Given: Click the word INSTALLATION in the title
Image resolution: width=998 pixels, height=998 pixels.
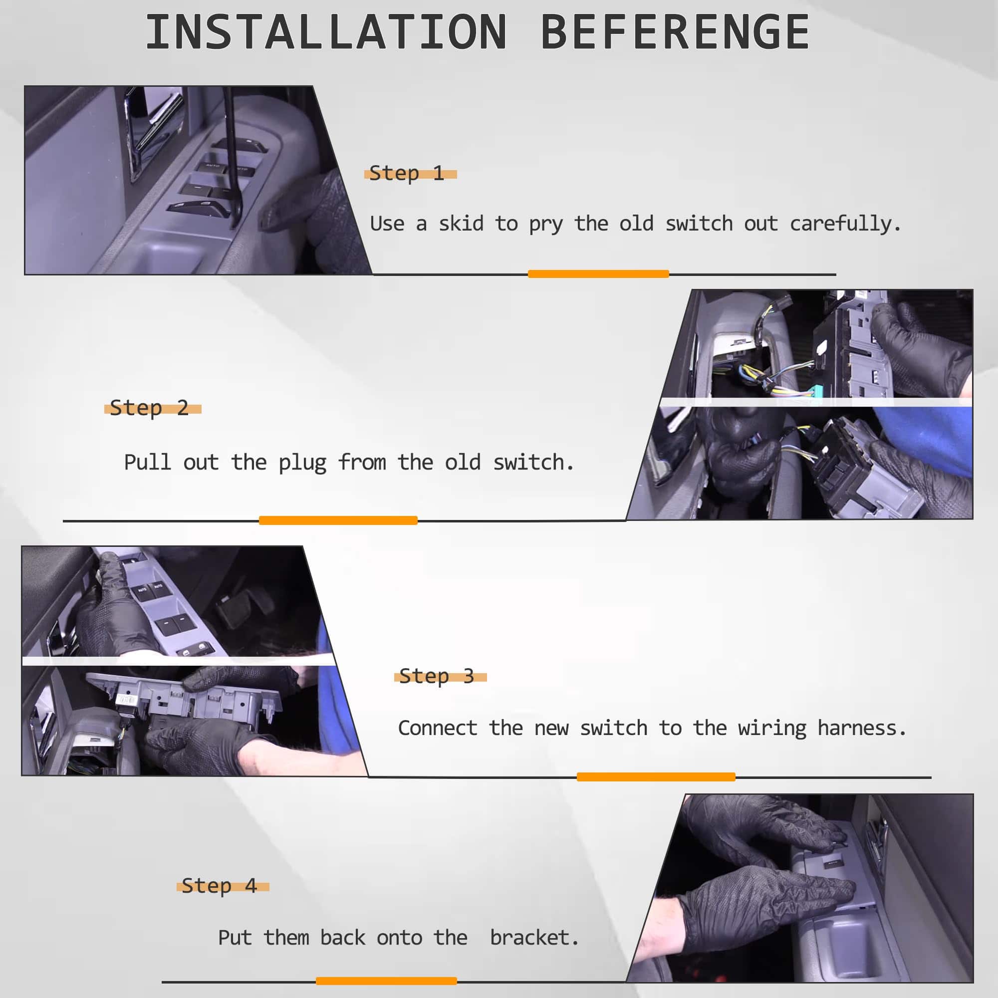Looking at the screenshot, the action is click(326, 32).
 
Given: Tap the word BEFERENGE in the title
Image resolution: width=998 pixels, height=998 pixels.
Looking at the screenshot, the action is click(675, 32).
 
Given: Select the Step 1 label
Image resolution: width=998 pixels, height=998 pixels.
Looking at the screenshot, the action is click(407, 173).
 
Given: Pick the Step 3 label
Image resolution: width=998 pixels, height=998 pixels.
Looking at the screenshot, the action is click(437, 676).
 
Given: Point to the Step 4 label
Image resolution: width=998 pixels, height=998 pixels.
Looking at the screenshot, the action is click(219, 885).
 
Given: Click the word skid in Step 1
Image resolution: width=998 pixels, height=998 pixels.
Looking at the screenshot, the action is click(461, 223).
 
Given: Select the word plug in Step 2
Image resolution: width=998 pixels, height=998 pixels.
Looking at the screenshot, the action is click(302, 463).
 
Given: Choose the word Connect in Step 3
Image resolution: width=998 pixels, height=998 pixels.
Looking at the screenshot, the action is click(438, 728).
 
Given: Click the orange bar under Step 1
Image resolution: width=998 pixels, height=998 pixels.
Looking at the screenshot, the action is click(598, 274).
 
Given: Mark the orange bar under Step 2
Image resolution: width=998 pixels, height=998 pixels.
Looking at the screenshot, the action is click(338, 520).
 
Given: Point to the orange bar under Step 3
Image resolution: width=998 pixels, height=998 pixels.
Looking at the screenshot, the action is click(656, 777).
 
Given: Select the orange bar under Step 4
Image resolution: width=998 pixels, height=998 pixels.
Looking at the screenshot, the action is click(386, 981).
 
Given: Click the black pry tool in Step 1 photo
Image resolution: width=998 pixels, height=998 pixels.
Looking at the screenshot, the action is click(233, 155).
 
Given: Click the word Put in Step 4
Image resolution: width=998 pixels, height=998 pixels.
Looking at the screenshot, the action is click(235, 937).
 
